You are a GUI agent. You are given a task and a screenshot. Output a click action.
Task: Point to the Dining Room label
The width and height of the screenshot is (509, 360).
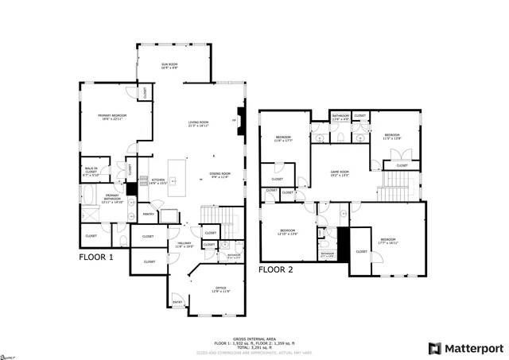point(220,175)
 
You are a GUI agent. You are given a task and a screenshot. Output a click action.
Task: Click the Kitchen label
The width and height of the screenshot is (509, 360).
point(158,181)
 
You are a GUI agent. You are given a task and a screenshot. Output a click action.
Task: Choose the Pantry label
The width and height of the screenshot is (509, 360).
point(148,214)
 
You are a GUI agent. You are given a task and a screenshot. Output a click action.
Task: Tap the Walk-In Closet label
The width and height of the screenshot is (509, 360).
point(92,170)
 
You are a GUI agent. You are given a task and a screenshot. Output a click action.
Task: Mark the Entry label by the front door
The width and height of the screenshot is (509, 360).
point(177,301)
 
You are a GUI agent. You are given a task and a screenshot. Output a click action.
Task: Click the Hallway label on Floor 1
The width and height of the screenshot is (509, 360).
point(184,245)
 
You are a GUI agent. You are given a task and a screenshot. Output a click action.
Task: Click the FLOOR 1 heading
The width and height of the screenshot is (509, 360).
point(95,257)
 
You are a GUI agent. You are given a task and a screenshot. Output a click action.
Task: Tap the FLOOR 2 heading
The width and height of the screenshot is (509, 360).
point(276,270)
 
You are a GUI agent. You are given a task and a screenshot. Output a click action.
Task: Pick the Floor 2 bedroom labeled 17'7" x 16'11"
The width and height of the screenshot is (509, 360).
point(388,240)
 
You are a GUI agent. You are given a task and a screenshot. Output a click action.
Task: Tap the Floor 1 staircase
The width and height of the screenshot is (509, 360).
point(220,215)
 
